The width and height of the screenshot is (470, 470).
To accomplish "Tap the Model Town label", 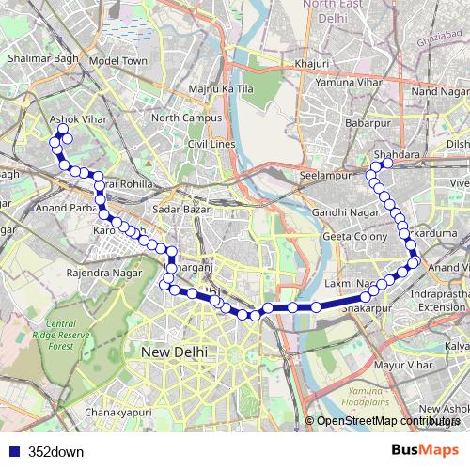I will click(x=118, y=60).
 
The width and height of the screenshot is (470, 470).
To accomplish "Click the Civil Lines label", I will click(x=210, y=144).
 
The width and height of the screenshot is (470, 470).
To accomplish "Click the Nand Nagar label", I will click(x=439, y=91).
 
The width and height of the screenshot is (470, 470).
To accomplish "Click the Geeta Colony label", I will click(x=354, y=237).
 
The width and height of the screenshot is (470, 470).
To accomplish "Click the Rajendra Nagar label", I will click(x=103, y=274).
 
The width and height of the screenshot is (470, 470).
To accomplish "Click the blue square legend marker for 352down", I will click(x=14, y=451).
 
